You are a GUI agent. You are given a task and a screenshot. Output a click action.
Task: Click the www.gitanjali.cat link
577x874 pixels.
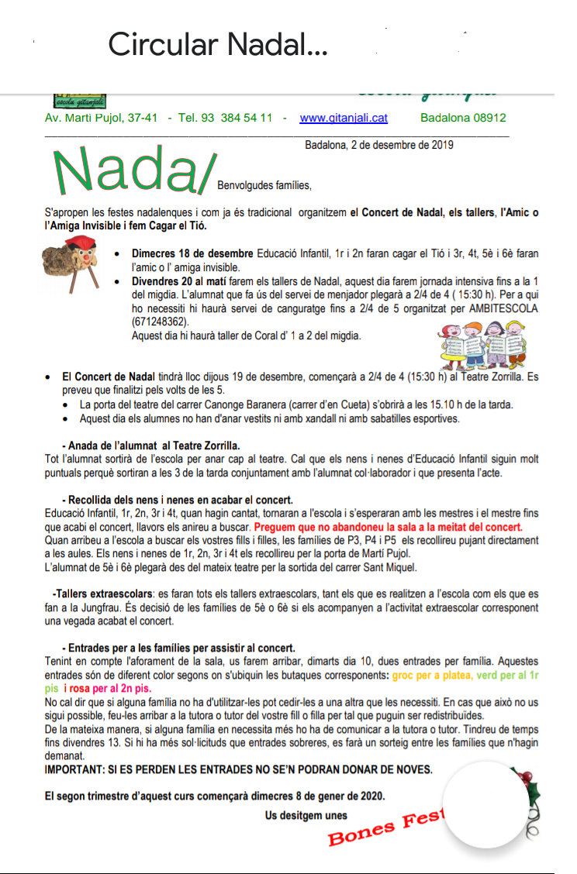coord(344,118)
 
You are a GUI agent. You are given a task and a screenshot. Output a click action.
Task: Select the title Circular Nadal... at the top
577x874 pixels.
coord(217,45)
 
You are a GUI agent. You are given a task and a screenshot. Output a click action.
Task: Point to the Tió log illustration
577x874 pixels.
coord(72,269)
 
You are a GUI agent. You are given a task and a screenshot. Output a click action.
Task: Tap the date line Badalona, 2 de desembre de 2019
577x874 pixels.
coord(379,144)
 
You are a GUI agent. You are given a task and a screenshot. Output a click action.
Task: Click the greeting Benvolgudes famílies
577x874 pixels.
coord(264,185)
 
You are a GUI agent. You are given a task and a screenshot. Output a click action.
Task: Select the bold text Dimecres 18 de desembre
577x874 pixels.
coord(192,253)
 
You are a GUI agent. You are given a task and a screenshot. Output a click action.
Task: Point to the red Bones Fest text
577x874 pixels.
coord(384,828)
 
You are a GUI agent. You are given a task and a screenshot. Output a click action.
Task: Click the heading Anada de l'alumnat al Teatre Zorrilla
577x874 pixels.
coord(151,446)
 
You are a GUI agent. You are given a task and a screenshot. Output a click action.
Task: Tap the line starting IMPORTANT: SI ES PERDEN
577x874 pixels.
coord(238,769)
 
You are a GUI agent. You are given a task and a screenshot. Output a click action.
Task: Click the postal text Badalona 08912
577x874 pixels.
coord(463,118)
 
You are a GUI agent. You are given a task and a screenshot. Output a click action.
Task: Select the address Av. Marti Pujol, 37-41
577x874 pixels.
coord(101,118)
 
